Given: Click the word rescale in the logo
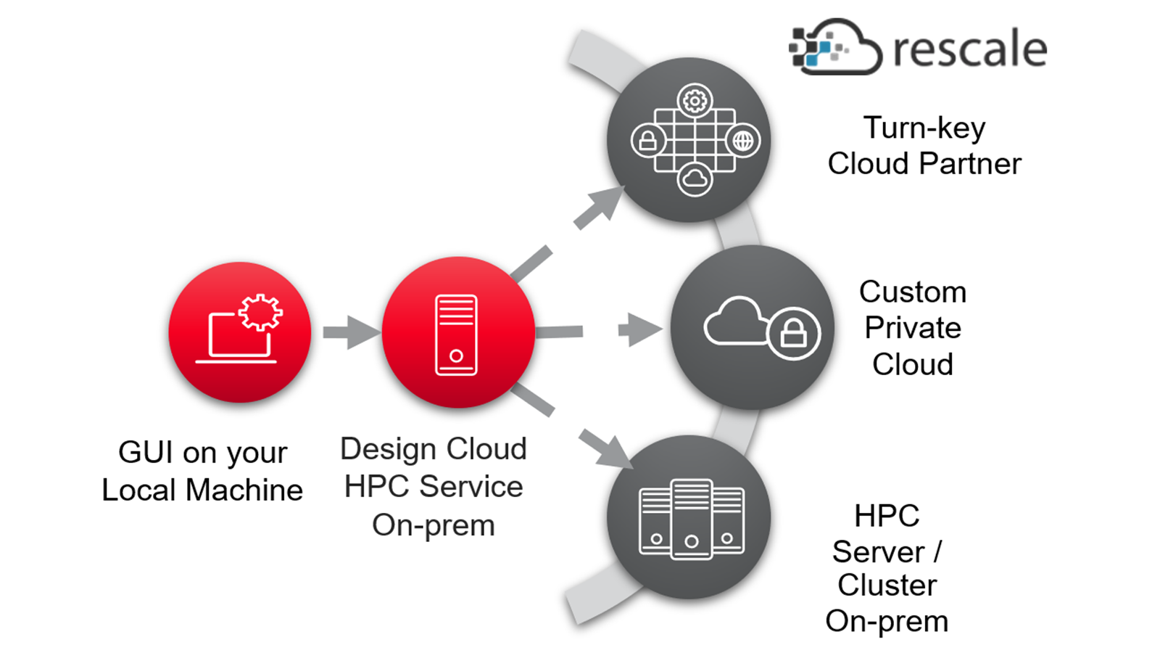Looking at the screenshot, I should [969, 49].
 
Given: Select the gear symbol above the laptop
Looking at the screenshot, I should [260, 312].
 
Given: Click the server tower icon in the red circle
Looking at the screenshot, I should [456, 334].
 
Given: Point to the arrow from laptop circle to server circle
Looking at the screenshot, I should [351, 332].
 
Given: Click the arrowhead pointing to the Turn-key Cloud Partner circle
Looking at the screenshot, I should [605, 203].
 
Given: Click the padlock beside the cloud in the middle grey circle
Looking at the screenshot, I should [793, 333].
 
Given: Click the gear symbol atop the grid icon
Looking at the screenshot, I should [695, 101].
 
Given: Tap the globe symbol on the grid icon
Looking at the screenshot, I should [743, 141].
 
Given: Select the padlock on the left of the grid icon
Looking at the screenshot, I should [647, 141].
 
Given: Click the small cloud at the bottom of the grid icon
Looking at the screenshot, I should [695, 178].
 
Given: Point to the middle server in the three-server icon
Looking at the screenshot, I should [691, 518].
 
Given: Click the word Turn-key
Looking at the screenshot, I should [924, 128].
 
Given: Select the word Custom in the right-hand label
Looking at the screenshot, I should [913, 292].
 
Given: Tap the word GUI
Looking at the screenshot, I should [145, 452].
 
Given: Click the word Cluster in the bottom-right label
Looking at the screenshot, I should [887, 586].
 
